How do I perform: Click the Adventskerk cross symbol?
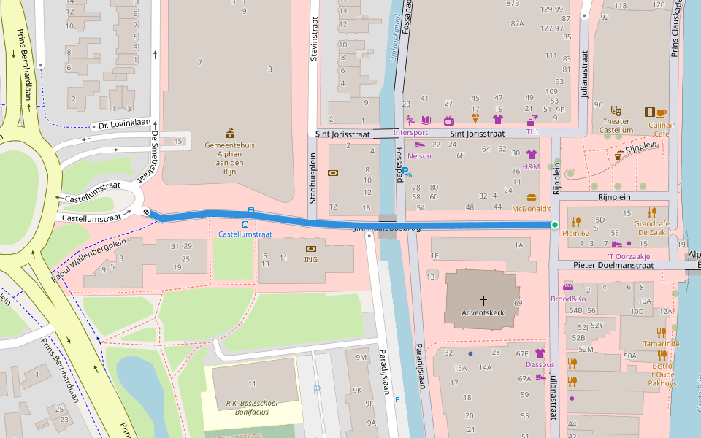point(483,300)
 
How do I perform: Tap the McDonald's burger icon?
point(531,197)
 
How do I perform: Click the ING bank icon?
point(311,249)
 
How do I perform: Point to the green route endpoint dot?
point(555,225)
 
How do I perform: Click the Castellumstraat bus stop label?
point(245,234)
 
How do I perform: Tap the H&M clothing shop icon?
point(531,154)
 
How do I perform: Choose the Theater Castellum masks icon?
point(616,111)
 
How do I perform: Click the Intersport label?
point(410,133)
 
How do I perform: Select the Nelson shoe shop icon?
point(420,145)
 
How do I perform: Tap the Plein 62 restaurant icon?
point(575,220)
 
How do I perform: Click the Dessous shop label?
point(540,364)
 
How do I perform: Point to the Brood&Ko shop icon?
point(568,287)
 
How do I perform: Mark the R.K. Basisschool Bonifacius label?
point(252,407)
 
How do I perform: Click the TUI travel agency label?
point(532,132)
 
